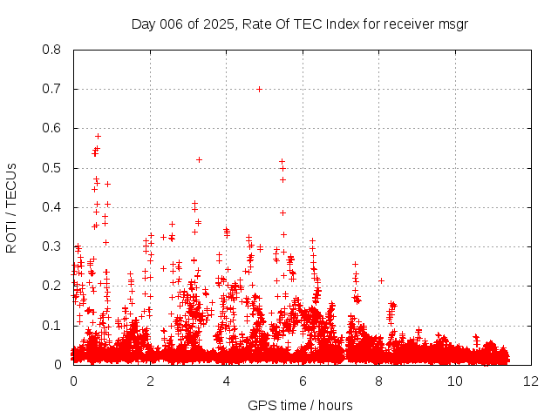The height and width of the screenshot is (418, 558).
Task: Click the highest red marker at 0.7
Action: (x=259, y=89)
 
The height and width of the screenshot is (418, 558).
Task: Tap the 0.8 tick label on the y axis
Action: (x=53, y=50)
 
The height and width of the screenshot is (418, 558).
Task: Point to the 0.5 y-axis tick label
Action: (x=53, y=168)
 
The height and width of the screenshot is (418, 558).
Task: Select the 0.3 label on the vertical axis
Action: (x=53, y=246)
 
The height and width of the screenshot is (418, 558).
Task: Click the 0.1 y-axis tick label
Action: (x=53, y=326)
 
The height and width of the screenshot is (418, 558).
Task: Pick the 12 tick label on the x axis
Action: (x=531, y=381)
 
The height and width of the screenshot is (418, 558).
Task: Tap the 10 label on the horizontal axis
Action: (x=455, y=381)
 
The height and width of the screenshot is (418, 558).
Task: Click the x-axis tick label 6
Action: (x=302, y=381)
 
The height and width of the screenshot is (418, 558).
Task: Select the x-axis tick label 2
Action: (x=149, y=381)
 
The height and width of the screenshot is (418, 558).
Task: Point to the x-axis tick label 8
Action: (x=378, y=381)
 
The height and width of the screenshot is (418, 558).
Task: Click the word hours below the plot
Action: (x=335, y=405)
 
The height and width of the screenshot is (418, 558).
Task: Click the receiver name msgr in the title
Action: (x=452, y=24)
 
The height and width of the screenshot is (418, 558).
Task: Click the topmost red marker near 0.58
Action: (x=98, y=136)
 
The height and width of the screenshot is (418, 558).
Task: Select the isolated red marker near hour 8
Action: (x=382, y=280)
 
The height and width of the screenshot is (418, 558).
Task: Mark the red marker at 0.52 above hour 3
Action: (x=199, y=159)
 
